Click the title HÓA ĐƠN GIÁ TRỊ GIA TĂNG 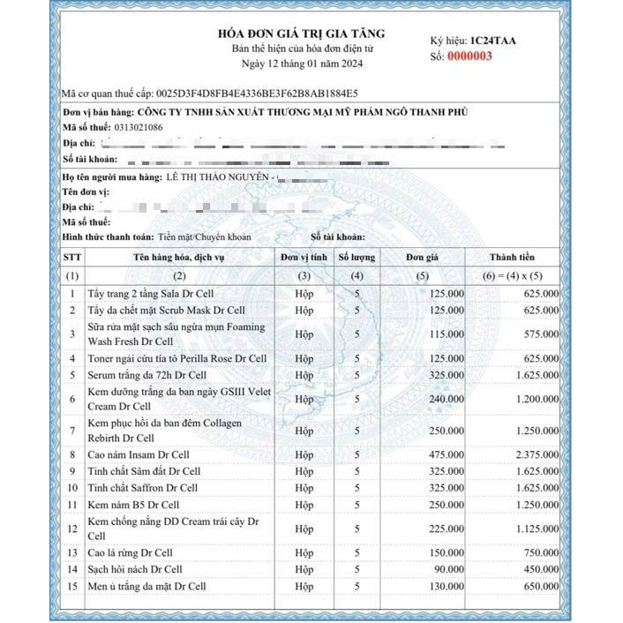(x=301, y=34)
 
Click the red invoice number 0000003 (x=471, y=56)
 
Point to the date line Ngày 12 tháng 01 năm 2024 (x=302, y=64)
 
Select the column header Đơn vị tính (x=304, y=258)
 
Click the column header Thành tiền (x=513, y=258)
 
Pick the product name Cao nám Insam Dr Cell (x=139, y=455)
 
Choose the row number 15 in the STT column (x=72, y=586)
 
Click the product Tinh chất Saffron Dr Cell (x=143, y=488)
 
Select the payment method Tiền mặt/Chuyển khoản (x=205, y=237)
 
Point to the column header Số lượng (x=357, y=258)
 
